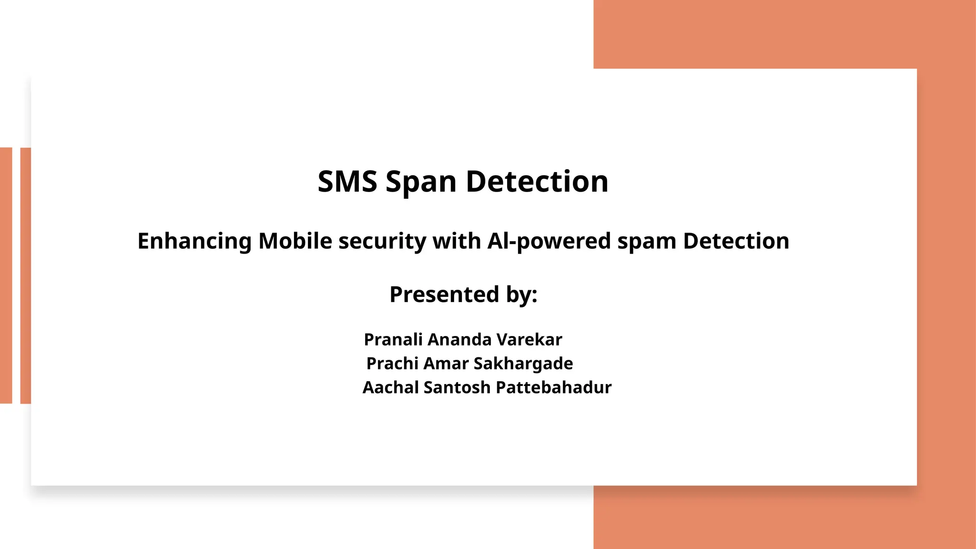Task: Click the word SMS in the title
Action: tap(347, 182)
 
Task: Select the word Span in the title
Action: tap(421, 183)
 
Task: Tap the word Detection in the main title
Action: tap(537, 182)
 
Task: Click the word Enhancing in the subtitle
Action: tap(194, 241)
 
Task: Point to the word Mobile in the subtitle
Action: tap(295, 241)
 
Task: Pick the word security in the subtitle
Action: tap(382, 242)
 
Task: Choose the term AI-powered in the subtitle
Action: tap(549, 241)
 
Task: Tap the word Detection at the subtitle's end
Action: tap(736, 241)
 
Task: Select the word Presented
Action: tap(444, 294)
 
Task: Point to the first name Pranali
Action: tap(393, 340)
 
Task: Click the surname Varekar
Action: tap(529, 340)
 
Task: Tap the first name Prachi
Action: tap(392, 364)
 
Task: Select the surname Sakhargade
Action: tap(523, 364)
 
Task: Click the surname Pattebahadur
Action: tap(553, 387)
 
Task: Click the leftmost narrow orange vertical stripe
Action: tap(6, 275)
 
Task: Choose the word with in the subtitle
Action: tap(457, 241)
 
